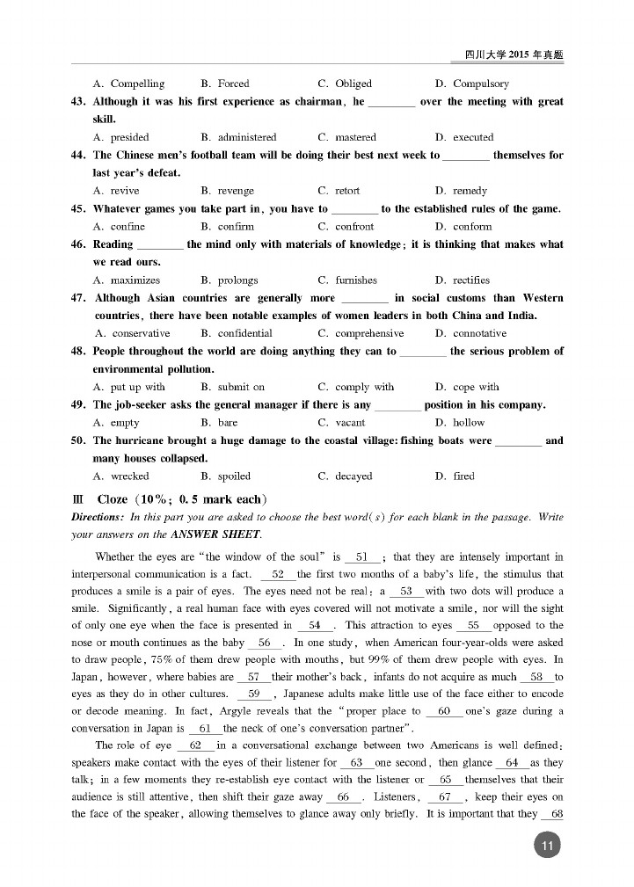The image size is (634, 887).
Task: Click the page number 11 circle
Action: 546,847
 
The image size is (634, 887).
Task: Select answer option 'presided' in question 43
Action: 129,137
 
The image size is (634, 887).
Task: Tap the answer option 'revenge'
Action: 235,191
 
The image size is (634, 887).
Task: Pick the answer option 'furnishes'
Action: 355,280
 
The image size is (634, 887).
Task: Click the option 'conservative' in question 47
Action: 141,334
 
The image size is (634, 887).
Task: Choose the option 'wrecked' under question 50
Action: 129,476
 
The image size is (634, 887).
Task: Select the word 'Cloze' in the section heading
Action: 113,499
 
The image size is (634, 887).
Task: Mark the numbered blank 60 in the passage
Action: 443,710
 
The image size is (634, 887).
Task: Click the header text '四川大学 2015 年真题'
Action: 514,55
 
